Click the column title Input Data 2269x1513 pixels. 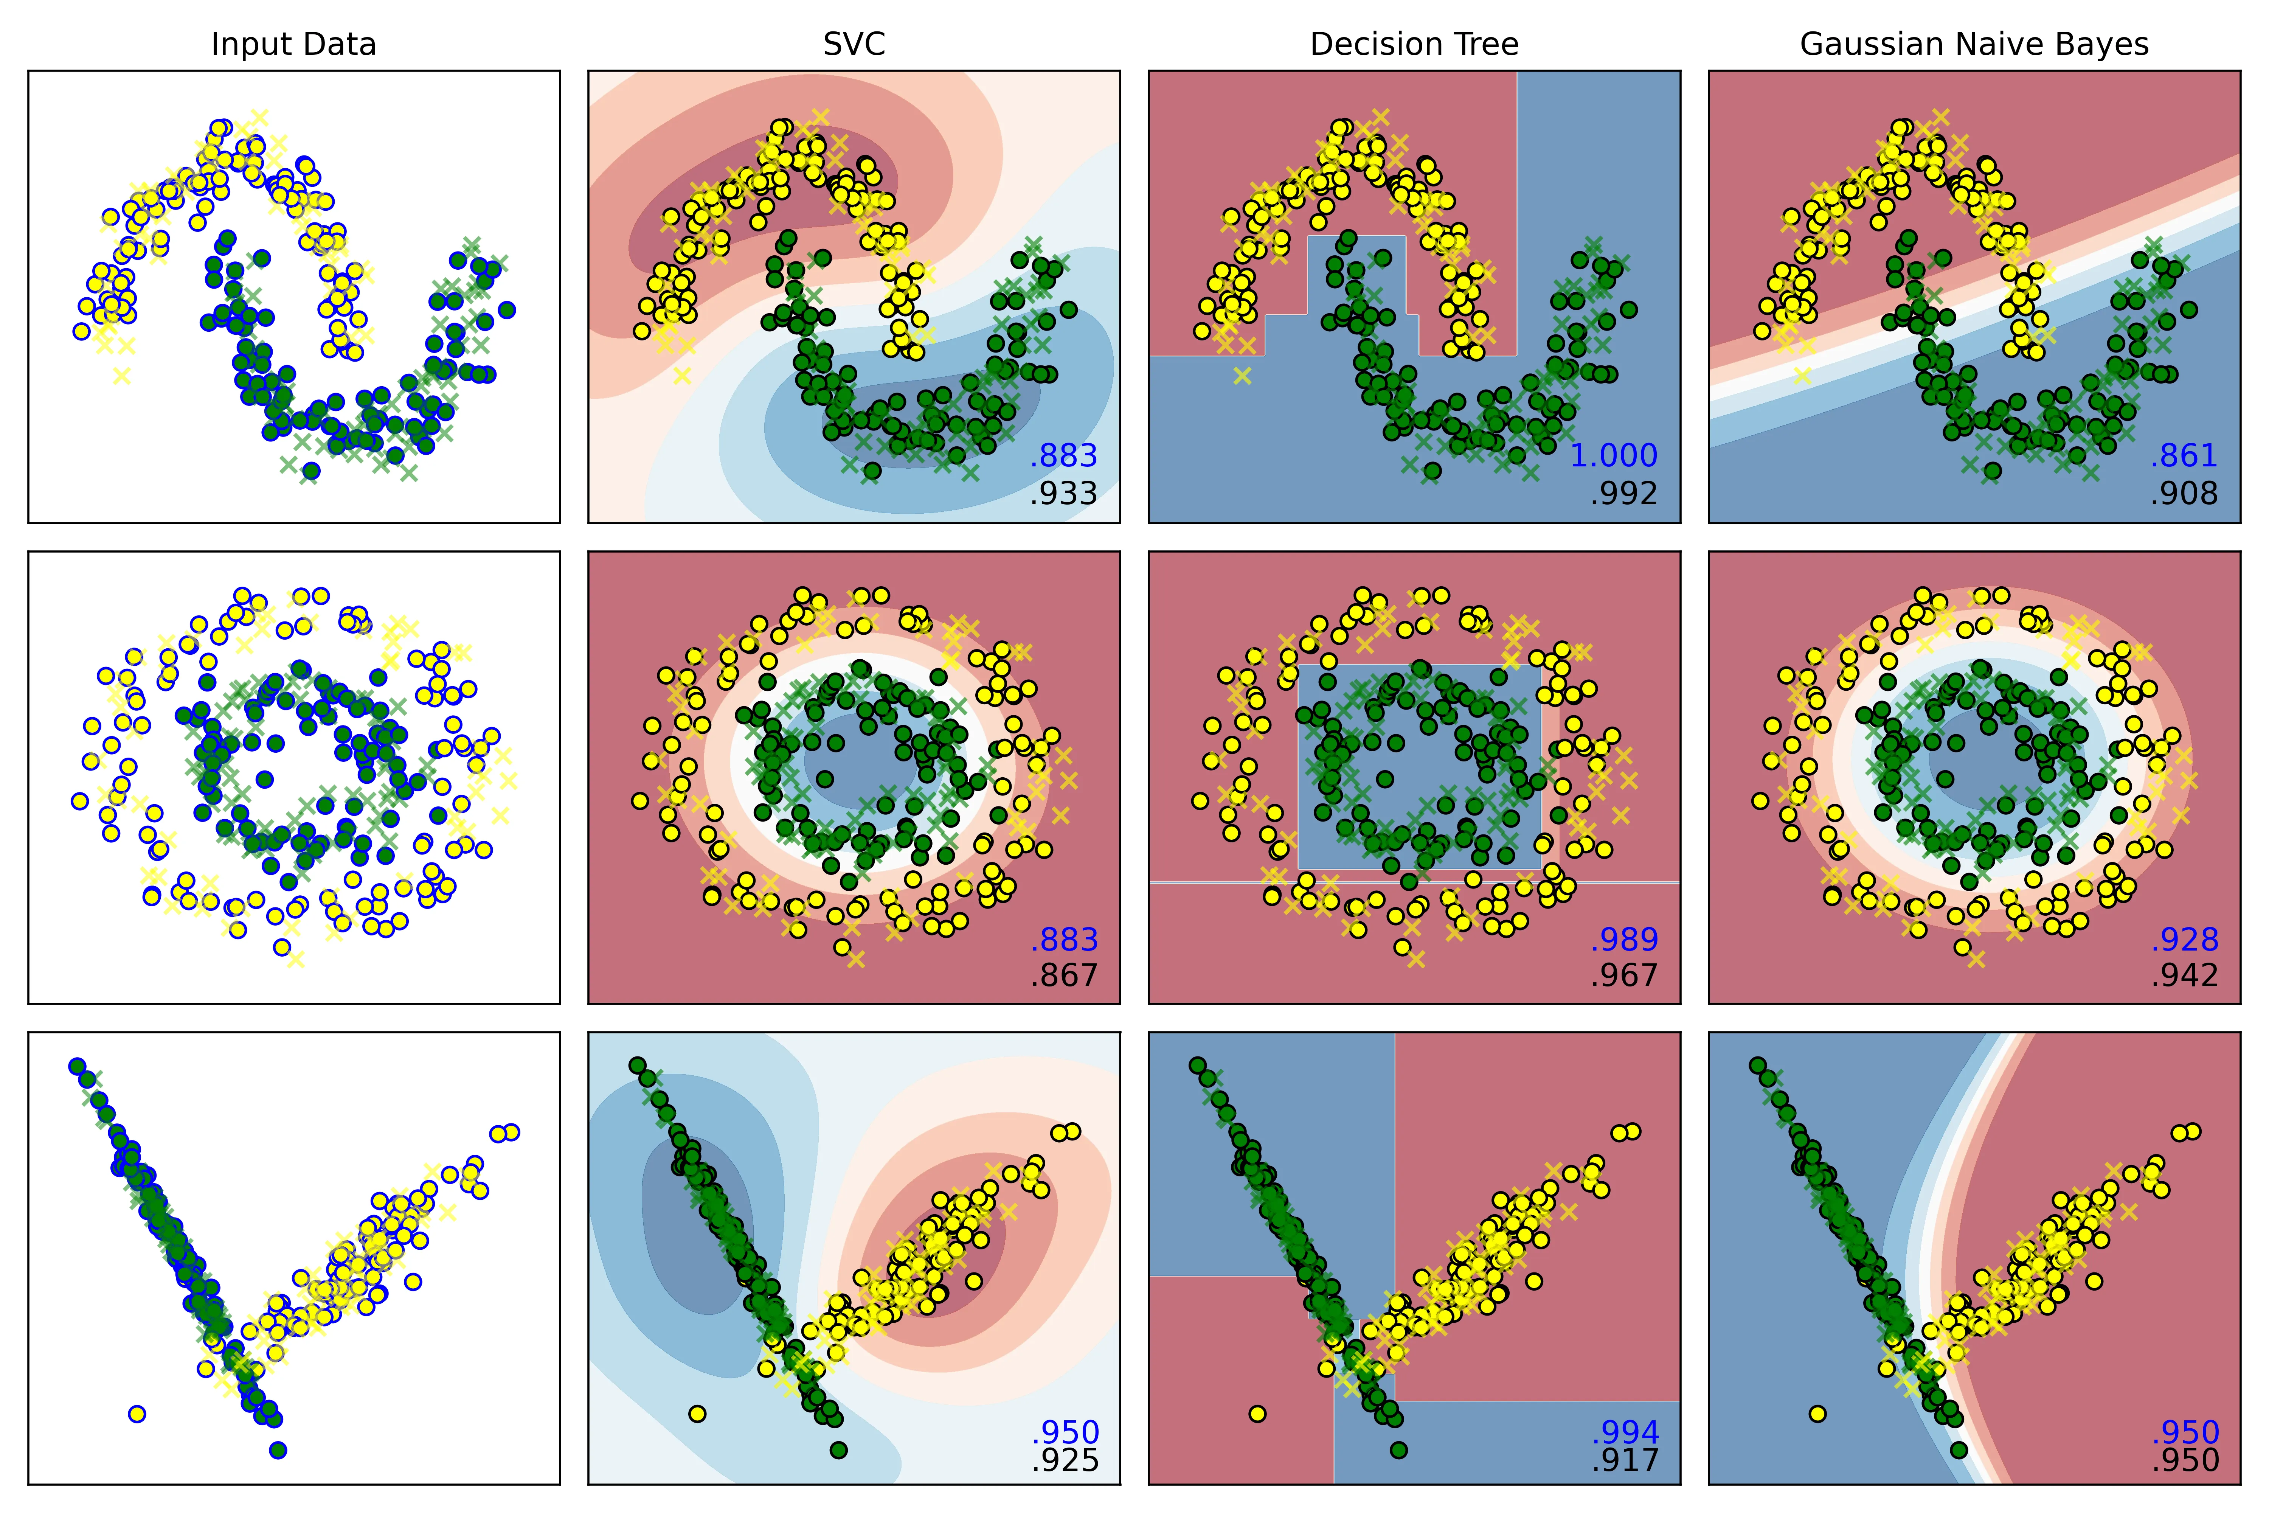point(293,44)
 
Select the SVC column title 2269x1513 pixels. point(854,44)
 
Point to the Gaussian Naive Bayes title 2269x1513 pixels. point(1974,44)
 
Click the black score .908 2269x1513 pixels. point(2184,493)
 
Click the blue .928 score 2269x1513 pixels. point(2184,939)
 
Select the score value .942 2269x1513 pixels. point(2184,976)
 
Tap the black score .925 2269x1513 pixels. point(1064,1460)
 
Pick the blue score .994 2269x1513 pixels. point(1625,1432)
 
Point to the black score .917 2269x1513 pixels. point(1625,1460)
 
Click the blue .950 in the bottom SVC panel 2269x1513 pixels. point(1064,1432)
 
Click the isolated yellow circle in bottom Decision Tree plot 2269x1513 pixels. point(1257,1414)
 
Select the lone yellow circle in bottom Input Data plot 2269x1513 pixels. point(137,1414)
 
